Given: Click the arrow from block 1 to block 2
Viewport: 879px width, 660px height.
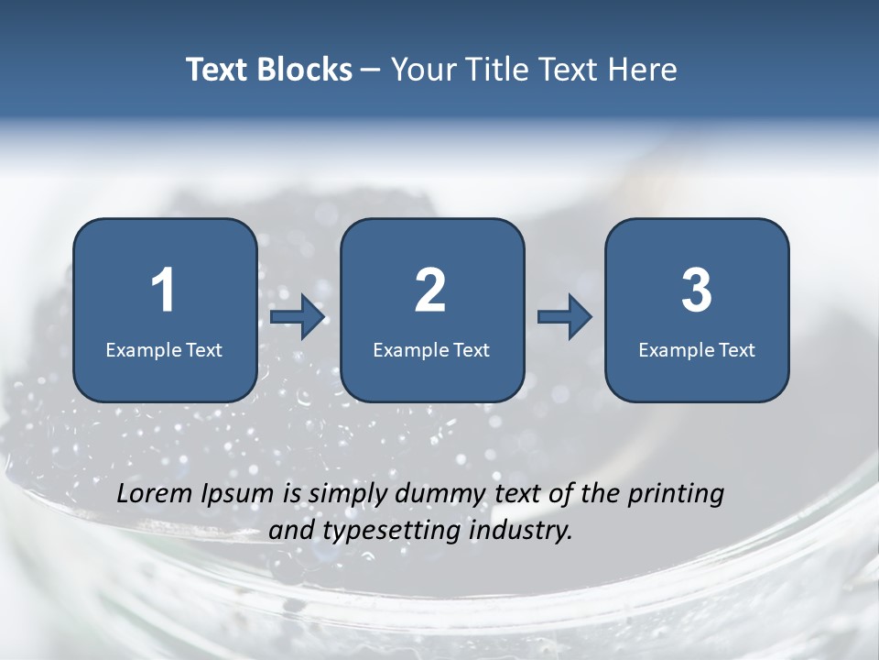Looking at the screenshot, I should tap(298, 317).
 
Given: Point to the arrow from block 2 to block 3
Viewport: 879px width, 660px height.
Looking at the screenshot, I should tap(565, 317).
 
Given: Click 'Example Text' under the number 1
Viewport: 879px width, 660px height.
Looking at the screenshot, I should tap(164, 349).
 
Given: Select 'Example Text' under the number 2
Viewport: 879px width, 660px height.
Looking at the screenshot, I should tap(431, 349).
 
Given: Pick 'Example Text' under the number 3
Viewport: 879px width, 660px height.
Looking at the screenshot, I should tap(697, 349).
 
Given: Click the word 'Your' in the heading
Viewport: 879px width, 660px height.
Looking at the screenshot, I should tap(421, 70).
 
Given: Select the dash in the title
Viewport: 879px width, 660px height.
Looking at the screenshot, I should tap(371, 71).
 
